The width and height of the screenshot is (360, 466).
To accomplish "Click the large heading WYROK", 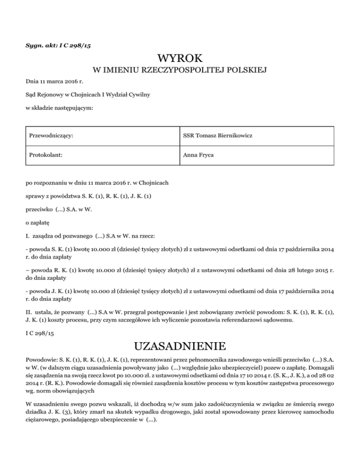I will tap(180, 59).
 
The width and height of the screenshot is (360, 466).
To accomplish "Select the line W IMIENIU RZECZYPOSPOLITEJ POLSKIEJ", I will tap(180, 71).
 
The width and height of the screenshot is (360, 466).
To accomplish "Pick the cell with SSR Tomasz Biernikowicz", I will tap(215, 135).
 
